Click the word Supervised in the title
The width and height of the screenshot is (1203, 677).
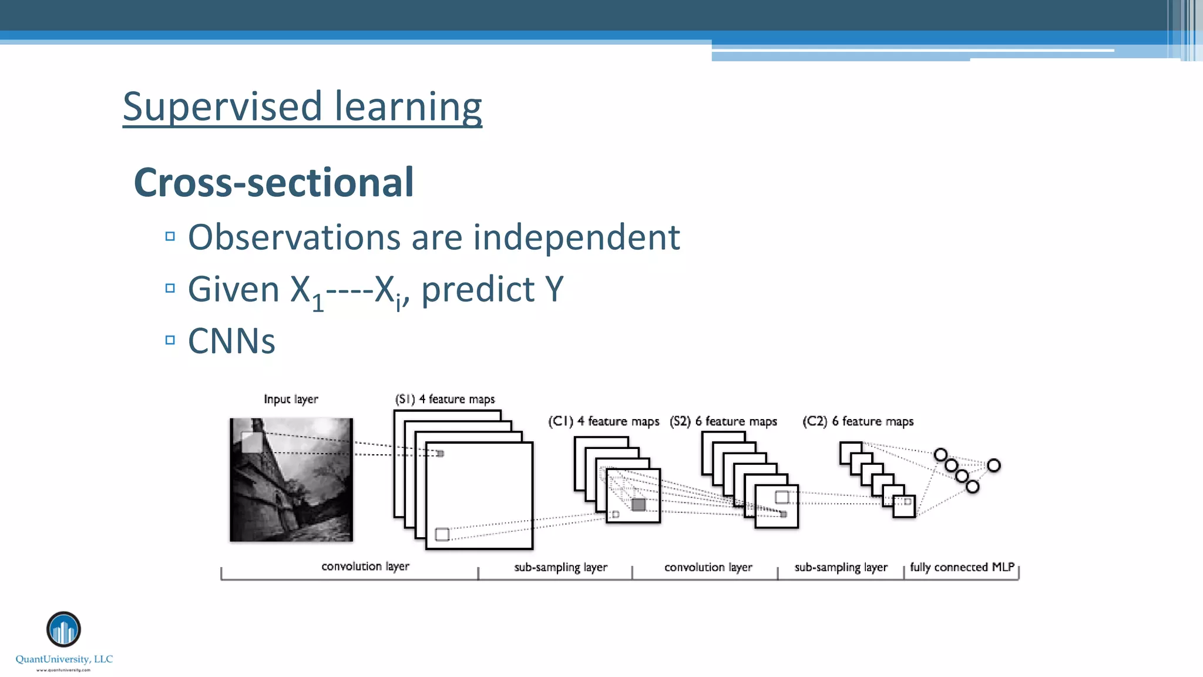coord(222,107)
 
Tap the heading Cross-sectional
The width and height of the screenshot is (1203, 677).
coord(274,182)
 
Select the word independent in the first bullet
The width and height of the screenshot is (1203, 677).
coord(576,237)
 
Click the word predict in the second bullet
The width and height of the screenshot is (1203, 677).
coord(478,289)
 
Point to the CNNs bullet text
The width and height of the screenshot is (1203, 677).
coord(231,341)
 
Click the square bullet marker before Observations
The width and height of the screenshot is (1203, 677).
coord(170,237)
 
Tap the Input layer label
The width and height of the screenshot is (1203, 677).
coord(291,399)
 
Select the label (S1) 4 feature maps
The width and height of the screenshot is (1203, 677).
coord(445,399)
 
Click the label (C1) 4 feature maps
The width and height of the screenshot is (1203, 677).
coord(603,421)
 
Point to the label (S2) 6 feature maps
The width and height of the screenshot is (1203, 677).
coord(723,421)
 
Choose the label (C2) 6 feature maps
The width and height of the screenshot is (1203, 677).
coord(858,421)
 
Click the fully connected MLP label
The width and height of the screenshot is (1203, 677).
coord(962,567)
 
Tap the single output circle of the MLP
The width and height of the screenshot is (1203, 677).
coord(993,465)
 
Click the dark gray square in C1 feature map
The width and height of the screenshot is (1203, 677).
coord(639,504)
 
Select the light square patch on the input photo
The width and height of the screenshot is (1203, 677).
coord(251,442)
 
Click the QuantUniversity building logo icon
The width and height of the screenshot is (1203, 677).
coord(63,629)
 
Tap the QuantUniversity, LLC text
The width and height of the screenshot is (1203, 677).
coord(64,659)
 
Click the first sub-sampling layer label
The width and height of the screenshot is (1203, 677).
coord(560,567)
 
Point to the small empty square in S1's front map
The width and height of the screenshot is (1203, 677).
coord(442,534)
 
